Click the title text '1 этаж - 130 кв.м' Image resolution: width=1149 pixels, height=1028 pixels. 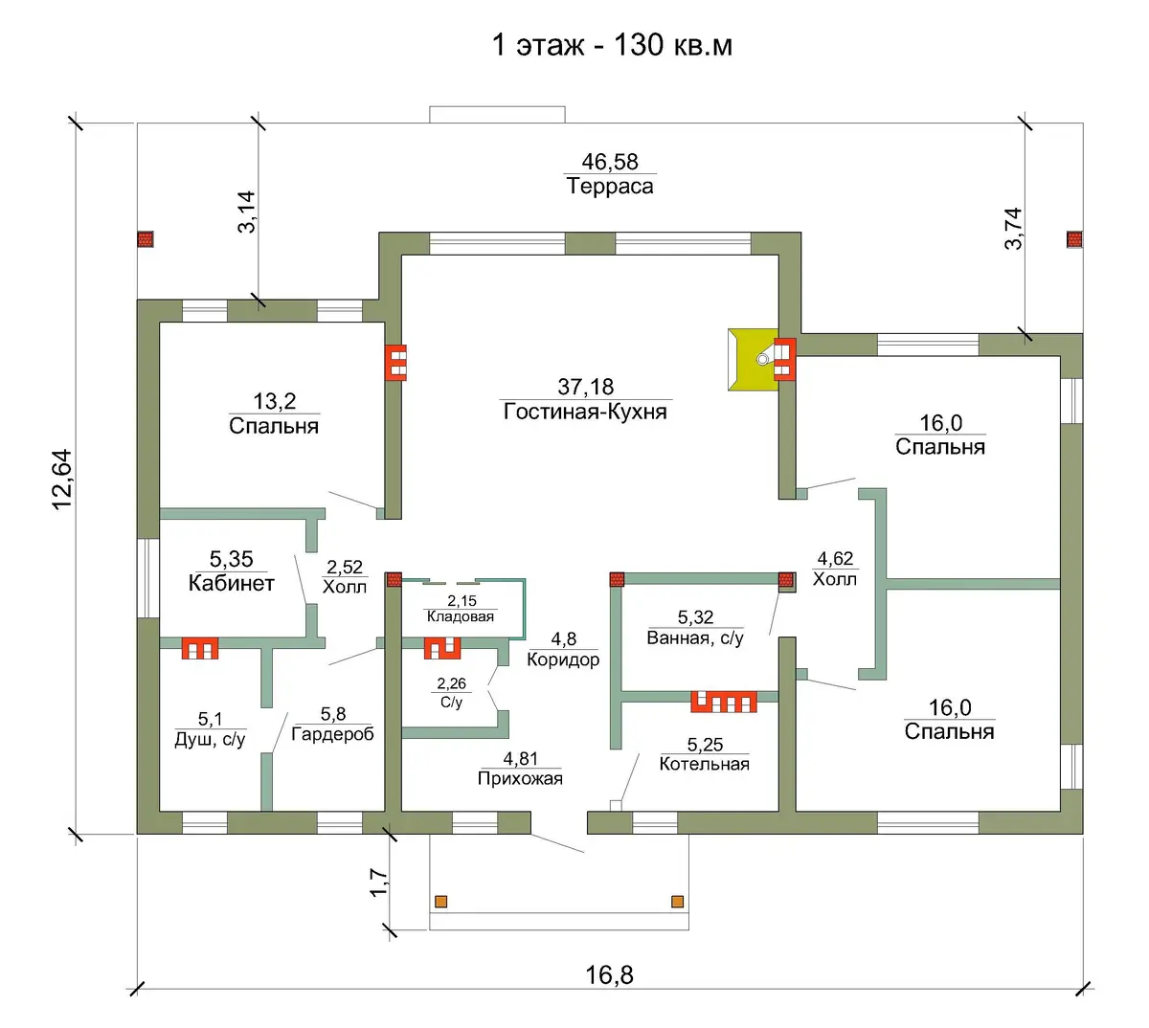(611, 45)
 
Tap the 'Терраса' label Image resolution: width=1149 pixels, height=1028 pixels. (610, 186)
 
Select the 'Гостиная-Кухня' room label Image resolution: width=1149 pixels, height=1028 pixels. (585, 411)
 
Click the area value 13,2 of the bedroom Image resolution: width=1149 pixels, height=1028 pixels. (274, 401)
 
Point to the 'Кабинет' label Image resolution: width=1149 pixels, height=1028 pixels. (232, 583)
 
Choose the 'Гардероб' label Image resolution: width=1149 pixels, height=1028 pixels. (333, 734)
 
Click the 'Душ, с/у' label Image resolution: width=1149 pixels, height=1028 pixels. (210, 739)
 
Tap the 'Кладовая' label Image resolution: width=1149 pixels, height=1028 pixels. (460, 616)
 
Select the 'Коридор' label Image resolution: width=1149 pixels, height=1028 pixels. (563, 659)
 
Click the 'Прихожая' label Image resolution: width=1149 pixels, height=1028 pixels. (520, 778)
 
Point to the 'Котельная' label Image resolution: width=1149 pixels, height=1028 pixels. (704, 764)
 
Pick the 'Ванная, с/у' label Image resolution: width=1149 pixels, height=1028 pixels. (695, 638)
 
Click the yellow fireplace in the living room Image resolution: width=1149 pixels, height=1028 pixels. (753, 360)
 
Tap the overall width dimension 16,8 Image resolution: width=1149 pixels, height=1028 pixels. (609, 975)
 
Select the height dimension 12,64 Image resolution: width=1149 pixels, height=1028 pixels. (62, 480)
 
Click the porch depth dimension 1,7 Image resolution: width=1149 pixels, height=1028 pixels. (379, 883)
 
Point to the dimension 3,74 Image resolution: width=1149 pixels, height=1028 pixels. (1013, 229)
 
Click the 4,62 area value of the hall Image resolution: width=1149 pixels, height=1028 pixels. (835, 559)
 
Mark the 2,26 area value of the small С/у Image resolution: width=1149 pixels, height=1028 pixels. (451, 683)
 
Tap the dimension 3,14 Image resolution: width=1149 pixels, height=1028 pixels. (247, 212)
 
